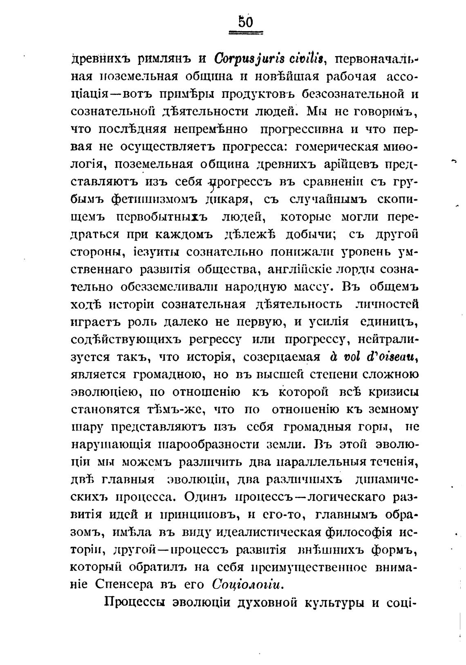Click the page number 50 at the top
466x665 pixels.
246,21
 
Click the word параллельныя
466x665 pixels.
320,462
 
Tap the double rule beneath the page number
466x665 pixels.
246,34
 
